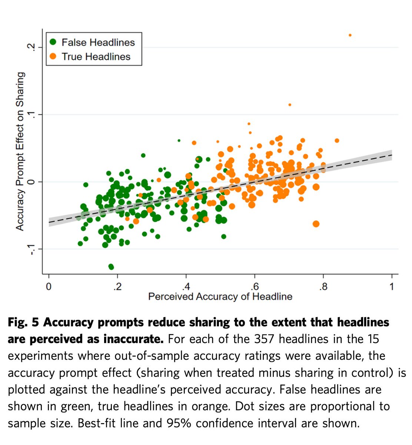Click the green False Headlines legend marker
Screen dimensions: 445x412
[x=53, y=42]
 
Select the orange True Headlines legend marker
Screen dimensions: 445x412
[x=53, y=57]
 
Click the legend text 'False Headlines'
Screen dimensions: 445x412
[x=98, y=42]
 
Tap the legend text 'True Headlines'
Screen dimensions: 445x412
[x=96, y=57]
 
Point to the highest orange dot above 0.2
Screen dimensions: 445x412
[x=350, y=35]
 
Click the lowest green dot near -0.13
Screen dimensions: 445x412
[x=111, y=267]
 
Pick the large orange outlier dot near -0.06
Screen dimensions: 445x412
[x=316, y=224]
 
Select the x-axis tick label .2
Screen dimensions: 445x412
[x=117, y=287]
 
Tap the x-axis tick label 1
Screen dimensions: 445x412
[x=392, y=287]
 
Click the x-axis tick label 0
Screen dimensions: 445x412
[x=49, y=287]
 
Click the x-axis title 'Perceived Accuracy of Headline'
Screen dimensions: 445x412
[x=220, y=297]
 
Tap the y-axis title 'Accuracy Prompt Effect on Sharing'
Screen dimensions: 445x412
[x=20, y=151]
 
